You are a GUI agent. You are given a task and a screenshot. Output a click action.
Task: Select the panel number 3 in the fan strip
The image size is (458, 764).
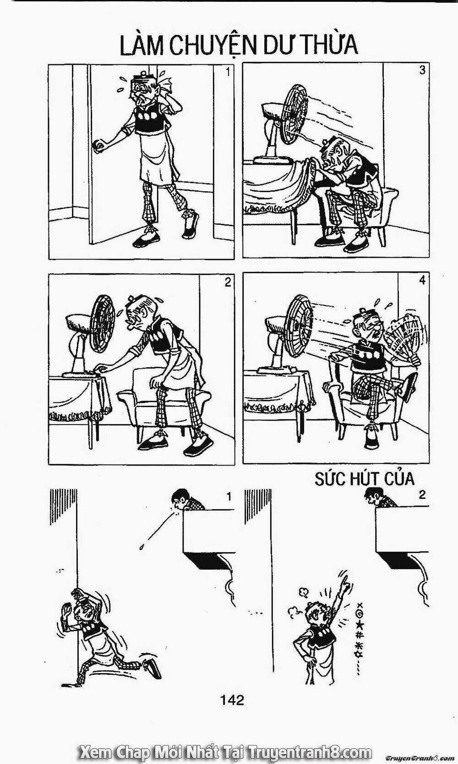422,71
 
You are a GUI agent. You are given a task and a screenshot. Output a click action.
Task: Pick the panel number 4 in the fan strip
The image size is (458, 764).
422,280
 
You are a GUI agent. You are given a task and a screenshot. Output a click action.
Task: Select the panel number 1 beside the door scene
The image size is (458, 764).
228,71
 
